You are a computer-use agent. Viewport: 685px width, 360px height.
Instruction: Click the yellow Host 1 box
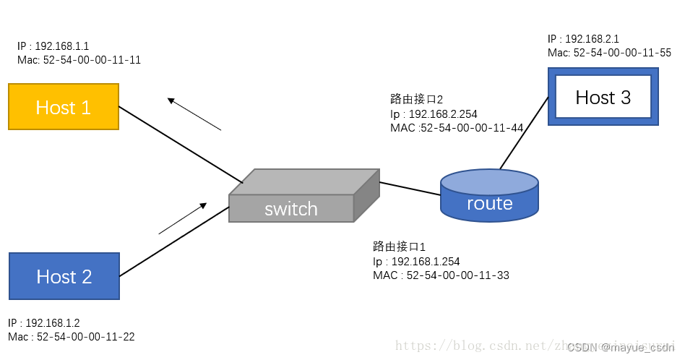(64, 107)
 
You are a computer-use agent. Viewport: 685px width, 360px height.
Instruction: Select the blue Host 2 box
(64, 276)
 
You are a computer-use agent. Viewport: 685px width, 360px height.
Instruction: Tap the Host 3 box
(603, 98)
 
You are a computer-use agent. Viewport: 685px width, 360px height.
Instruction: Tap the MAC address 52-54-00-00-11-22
(85, 337)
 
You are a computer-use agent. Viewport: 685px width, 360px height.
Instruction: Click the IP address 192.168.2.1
(592, 39)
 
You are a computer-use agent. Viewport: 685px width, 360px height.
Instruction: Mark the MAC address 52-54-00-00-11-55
(622, 53)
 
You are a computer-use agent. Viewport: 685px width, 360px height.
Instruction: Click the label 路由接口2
(416, 100)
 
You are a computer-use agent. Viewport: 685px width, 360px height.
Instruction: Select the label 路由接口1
(399, 247)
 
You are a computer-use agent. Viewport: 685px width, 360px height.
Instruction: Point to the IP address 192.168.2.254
(443, 114)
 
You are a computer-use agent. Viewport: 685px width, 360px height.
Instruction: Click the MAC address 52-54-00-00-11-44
(470, 128)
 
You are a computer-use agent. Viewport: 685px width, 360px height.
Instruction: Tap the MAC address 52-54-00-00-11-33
(458, 275)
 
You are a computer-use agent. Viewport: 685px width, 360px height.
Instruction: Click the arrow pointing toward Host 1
(194, 114)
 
